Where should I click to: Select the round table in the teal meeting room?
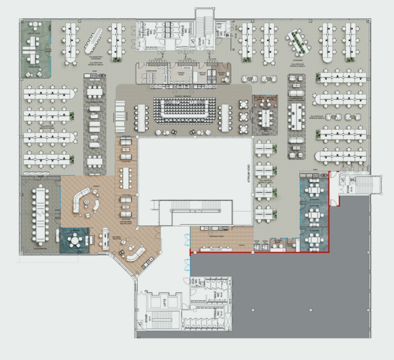pos(74,240)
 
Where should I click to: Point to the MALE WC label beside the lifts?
pos(216,296)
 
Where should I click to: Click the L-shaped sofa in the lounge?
pos(82,199)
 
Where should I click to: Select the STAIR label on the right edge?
pos(348,188)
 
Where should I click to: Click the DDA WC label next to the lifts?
pos(198,283)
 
